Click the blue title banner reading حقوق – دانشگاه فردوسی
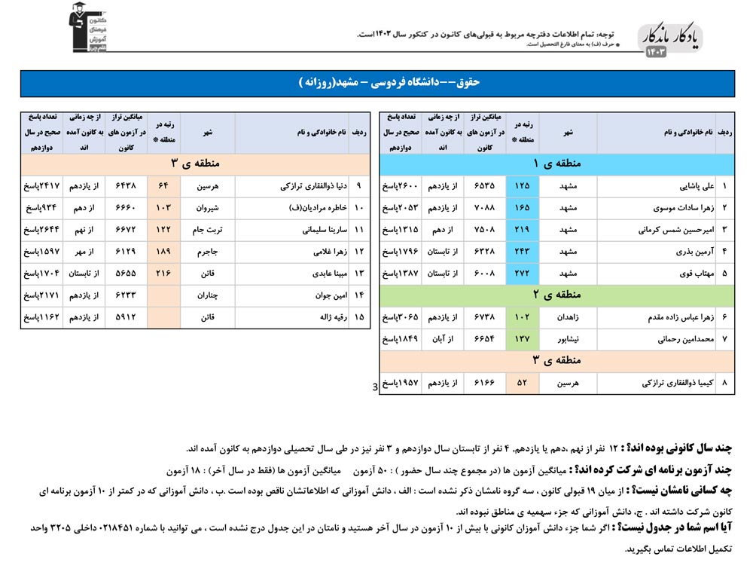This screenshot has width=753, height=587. [x=376, y=83]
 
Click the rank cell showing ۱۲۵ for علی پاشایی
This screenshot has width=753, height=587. [x=521, y=185]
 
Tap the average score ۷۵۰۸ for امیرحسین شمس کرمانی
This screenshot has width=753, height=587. [x=484, y=229]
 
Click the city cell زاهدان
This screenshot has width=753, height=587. [x=567, y=317]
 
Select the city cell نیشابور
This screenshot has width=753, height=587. [x=567, y=339]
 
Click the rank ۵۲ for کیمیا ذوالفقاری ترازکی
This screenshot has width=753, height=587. [x=521, y=384]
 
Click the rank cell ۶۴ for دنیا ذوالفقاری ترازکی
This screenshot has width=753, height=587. [x=163, y=185]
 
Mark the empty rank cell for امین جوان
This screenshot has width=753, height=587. [x=163, y=295]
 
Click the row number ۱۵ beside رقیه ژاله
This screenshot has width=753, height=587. [x=358, y=317]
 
